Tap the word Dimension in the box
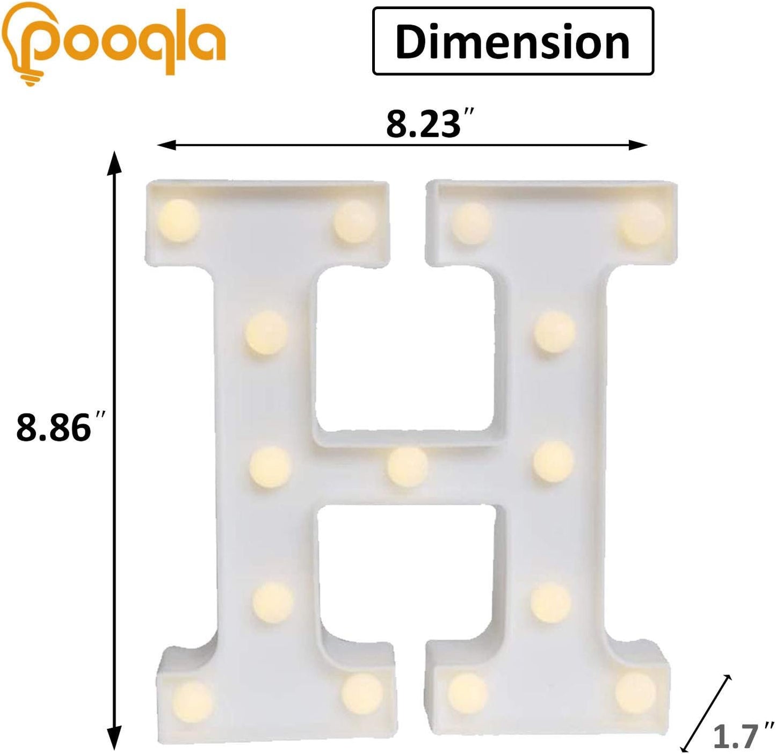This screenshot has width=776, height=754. (512, 42)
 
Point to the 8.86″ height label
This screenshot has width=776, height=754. (59, 428)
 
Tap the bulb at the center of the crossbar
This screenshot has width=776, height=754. (408, 467)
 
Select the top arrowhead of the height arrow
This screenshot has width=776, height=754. (112, 162)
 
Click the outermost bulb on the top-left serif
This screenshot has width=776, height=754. (178, 221)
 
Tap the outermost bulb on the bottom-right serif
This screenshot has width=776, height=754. (635, 693)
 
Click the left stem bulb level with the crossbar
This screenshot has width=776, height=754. (271, 466)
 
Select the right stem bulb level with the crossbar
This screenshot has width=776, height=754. (554, 461)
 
